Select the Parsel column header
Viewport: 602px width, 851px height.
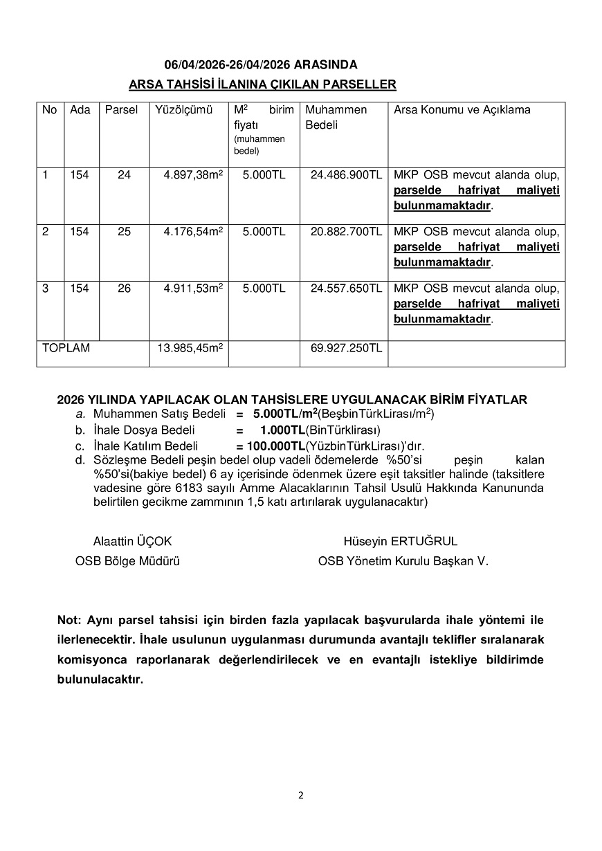[121, 110]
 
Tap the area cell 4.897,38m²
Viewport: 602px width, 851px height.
[193, 176]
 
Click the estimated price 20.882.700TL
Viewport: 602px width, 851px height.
[346, 232]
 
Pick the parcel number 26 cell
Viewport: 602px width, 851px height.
[124, 289]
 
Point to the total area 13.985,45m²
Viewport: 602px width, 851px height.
[190, 348]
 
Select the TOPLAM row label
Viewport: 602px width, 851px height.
[66, 348]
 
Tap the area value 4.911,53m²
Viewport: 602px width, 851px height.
[193, 289]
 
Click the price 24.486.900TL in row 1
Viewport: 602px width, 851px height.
[346, 176]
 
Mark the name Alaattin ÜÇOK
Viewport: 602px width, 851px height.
[132, 541]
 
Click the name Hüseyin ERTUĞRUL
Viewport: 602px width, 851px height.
[400, 541]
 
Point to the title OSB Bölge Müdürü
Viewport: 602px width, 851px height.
[127, 561]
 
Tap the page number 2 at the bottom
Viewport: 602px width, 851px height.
[301, 795]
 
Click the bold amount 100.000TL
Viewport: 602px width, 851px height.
[276, 446]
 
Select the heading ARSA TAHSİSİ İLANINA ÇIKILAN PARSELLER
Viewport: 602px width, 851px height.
[262, 84]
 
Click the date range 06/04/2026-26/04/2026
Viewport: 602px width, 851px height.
[227, 65]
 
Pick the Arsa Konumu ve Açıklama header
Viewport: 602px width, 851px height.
[462, 110]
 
